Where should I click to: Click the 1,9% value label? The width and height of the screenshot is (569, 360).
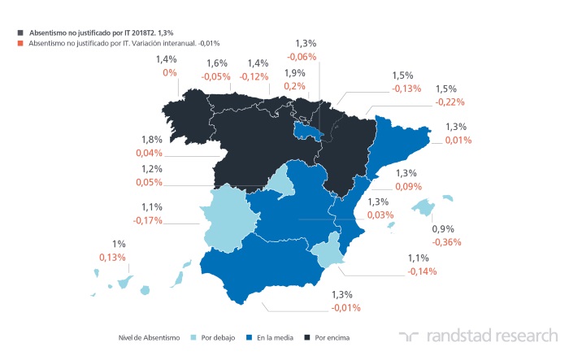(x=295, y=72)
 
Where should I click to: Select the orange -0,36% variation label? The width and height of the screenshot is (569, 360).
(x=449, y=241)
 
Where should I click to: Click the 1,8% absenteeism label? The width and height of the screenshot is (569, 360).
(x=152, y=139)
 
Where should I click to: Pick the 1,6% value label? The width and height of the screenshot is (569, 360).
(x=217, y=63)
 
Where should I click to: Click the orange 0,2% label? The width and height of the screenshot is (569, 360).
(x=295, y=85)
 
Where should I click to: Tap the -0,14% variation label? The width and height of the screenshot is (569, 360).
(x=423, y=271)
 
